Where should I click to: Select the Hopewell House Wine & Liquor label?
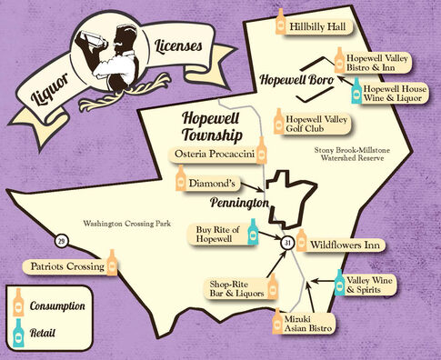point(399,96)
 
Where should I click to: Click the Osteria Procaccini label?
point(213,155)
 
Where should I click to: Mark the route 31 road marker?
point(286,243)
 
